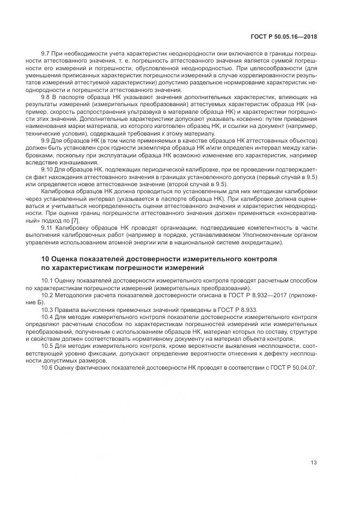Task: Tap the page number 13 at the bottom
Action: pos(314,463)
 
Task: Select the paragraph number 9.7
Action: pos(46,53)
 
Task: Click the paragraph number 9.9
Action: pos(46,140)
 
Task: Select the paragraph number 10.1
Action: pos(48,280)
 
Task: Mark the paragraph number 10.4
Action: pos(48,316)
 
